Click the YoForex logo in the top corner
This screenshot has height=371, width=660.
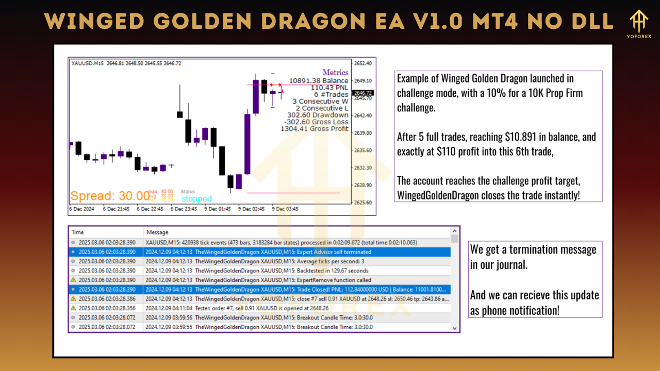pyautogui.click(x=640, y=24)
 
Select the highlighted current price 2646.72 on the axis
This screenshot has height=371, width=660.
pyautogui.click(x=362, y=93)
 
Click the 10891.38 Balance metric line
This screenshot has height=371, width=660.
pyautogui.click(x=319, y=81)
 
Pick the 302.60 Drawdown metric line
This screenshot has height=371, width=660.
pyautogui.click(x=318, y=115)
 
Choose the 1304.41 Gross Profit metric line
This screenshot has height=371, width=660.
pyautogui.click(x=315, y=129)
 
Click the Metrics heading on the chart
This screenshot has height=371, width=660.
pyautogui.click(x=335, y=73)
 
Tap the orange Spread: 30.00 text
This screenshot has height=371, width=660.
pyautogui.click(x=109, y=196)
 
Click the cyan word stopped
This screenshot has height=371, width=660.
pyautogui.click(x=196, y=199)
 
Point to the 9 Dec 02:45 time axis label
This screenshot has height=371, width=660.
pyautogui.click(x=251, y=209)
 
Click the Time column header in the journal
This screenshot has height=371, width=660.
pyautogui.click(x=78, y=232)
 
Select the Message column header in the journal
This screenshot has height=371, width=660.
pyautogui.click(x=157, y=232)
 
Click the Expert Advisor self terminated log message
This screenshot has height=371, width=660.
pyautogui.click(x=283, y=252)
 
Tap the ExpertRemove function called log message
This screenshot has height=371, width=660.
pyautogui.click(x=283, y=280)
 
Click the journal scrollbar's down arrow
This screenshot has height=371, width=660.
pyautogui.click(x=454, y=328)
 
